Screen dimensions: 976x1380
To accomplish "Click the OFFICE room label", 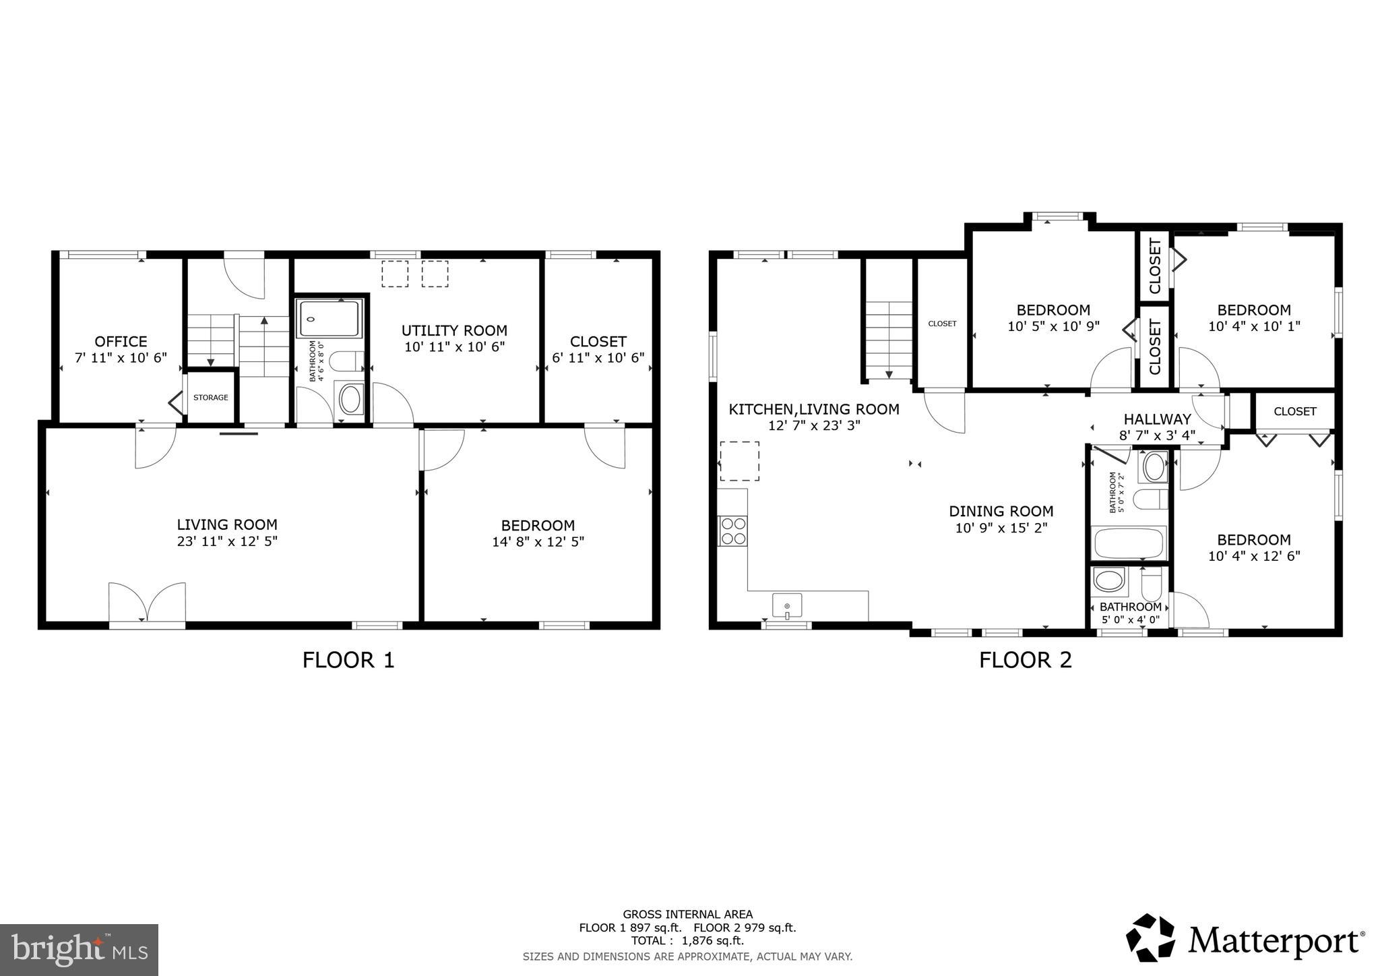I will [121, 341].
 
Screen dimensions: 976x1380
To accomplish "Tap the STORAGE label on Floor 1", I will [211, 398].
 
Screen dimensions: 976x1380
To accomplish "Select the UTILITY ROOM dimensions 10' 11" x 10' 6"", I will [454, 347].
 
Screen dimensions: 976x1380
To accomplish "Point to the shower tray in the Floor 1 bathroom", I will [331, 318].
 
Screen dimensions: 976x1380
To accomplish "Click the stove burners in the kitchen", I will [733, 530].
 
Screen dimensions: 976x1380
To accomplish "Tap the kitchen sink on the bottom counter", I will [787, 605].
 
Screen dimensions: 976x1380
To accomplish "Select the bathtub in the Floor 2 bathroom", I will [1129, 543].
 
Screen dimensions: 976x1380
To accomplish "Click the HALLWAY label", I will [1157, 419].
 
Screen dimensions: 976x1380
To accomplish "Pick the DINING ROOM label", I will [1001, 512].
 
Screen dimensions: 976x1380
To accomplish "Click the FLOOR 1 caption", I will [348, 660].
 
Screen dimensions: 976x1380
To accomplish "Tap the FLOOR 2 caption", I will [1025, 660].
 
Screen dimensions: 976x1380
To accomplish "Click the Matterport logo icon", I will [1150, 938].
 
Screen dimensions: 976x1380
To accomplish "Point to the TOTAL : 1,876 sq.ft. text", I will [687, 941].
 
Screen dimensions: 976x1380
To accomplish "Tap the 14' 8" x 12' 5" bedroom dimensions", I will [538, 542].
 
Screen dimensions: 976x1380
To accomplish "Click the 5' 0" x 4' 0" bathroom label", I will [1130, 619].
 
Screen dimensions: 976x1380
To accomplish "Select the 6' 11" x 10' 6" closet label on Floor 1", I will [598, 358].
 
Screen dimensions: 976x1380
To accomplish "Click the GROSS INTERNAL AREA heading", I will [687, 915].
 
